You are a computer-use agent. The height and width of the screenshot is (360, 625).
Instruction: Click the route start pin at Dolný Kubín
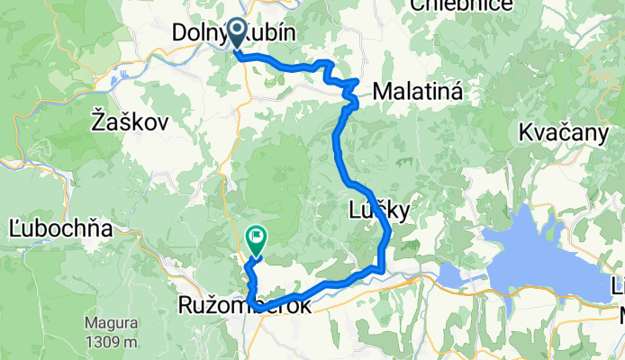tap(237, 32)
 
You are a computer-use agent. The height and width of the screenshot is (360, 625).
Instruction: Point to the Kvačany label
tap(564, 133)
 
